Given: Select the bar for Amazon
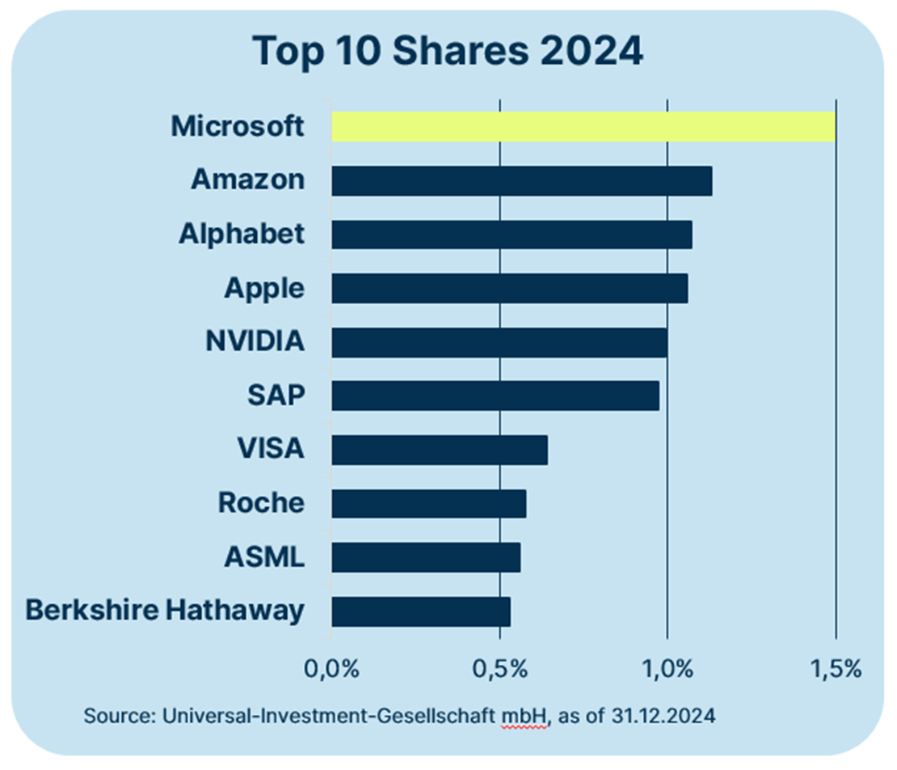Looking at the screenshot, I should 522,180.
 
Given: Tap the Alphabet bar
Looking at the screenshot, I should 512,235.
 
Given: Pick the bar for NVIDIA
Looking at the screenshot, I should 499,342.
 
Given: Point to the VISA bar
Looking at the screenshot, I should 440,450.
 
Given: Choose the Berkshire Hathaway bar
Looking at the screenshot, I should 421,611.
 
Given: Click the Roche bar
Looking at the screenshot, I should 428,503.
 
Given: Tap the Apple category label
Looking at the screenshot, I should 264,288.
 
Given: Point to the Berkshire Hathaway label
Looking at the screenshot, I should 165,610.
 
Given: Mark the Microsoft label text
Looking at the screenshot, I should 238,126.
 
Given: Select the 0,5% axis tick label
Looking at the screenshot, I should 499,669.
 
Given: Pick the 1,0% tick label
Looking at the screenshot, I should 667,669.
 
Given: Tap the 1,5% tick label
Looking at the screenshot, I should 836,669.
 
